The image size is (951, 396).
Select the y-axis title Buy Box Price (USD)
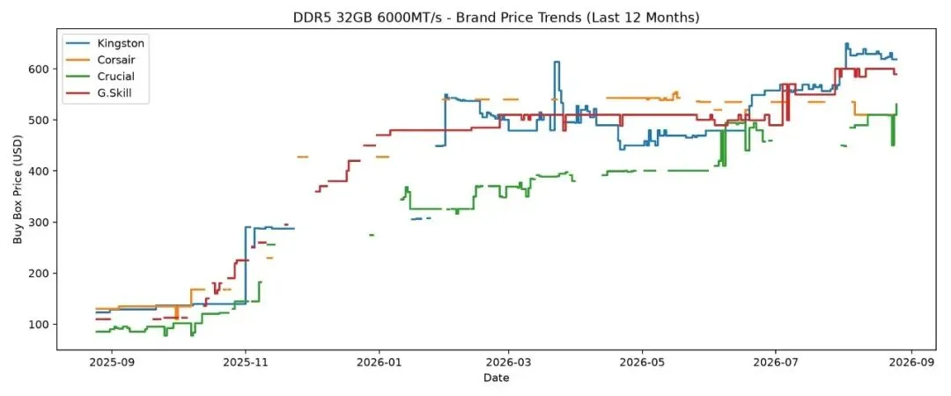pos(18,188)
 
